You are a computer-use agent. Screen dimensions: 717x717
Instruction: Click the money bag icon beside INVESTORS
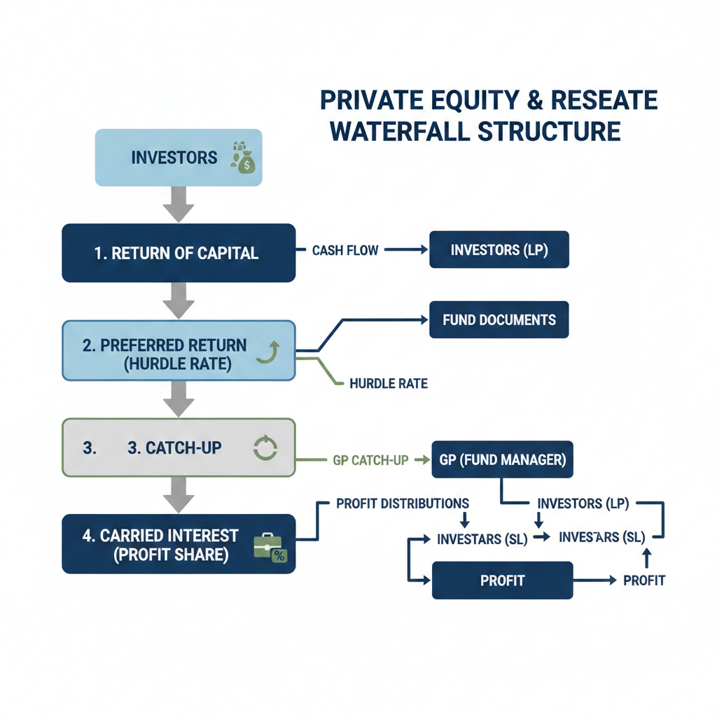[x=244, y=158]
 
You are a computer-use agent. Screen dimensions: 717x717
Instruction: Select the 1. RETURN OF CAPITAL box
[x=179, y=253]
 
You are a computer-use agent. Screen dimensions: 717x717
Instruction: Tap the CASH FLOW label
[x=345, y=250]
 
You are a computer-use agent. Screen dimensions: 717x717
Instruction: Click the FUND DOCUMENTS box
[x=499, y=320]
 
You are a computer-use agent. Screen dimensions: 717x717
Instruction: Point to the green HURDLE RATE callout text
[x=388, y=384]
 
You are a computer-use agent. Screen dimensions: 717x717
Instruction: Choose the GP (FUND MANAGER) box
[x=502, y=459]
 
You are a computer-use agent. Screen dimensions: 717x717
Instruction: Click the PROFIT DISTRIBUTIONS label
[x=403, y=503]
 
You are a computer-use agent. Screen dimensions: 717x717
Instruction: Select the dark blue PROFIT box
[x=502, y=580]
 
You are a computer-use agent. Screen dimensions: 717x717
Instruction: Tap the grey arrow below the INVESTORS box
[x=179, y=204]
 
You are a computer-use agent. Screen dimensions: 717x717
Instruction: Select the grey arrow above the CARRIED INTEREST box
[x=179, y=496]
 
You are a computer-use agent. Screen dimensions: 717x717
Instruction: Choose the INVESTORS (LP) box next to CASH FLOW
[x=499, y=250]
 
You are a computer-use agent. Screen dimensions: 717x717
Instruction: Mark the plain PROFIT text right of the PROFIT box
[x=644, y=580]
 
